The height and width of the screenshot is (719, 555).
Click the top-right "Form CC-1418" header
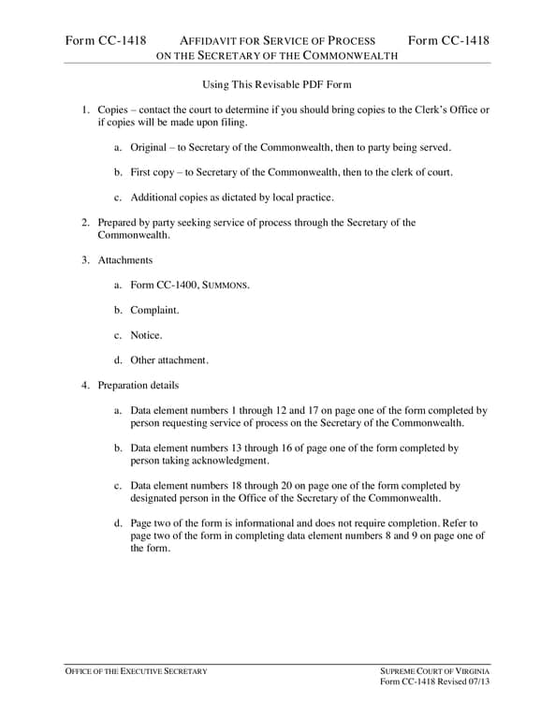coord(449,40)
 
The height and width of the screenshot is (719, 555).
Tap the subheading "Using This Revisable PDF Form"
coord(276,85)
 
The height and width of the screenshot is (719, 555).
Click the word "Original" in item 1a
coord(148,148)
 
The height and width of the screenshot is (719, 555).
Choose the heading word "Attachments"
coord(125,259)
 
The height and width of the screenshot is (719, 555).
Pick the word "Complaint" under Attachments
coord(154,309)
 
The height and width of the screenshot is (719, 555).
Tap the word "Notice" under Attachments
coord(145,334)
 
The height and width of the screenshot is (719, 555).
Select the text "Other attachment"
coord(168,359)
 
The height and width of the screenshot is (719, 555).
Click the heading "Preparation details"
coord(139,385)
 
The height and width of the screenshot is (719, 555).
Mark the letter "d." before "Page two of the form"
coord(118,523)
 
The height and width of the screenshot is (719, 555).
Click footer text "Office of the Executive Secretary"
coord(136,672)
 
